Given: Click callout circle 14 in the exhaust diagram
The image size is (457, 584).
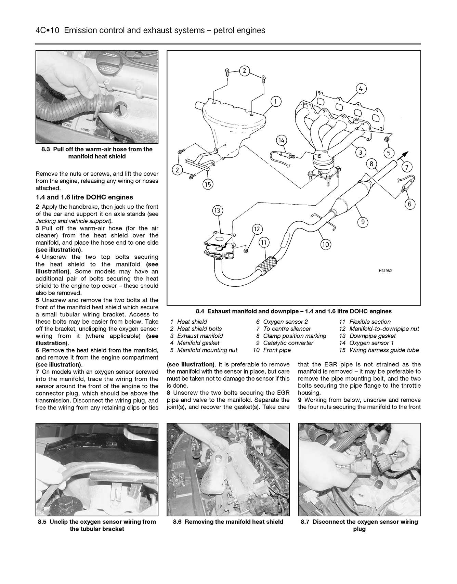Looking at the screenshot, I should [281, 140].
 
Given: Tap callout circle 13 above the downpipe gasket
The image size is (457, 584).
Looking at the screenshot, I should [217, 210].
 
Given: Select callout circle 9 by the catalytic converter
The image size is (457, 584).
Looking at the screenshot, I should [363, 222].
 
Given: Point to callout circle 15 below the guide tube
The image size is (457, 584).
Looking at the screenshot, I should [208, 184].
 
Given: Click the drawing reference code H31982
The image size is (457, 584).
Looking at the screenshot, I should [385, 270].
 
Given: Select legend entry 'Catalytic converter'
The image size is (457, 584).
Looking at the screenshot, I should [288, 343].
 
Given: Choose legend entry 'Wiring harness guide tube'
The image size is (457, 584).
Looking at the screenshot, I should [384, 350].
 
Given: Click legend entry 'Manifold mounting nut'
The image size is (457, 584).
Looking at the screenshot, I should [207, 350].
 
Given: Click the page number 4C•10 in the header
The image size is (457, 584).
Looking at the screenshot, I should [48, 30].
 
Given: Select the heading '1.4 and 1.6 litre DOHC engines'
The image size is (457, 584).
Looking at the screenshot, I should [84, 197].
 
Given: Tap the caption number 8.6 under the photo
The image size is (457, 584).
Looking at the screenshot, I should [178, 522].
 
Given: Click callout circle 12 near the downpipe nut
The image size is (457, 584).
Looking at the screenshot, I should [257, 229].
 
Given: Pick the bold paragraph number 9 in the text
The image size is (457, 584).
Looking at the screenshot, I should [300, 400].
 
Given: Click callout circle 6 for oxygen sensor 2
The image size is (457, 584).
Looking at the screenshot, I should [410, 205].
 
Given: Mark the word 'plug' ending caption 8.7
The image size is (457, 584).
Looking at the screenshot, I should [359, 529].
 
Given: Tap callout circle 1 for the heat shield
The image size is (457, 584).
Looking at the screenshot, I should [276, 101].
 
